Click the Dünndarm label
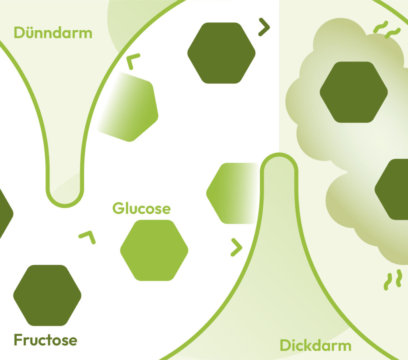53,32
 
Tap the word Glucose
141,209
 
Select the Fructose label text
45,340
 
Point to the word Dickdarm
316,345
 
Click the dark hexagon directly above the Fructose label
47,295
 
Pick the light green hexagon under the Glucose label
154,250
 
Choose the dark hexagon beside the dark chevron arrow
221,53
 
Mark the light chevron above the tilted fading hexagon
133,61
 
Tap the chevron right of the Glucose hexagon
237,248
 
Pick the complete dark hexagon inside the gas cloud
353,92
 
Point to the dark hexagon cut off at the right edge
392,189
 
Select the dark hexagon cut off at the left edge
5,213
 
